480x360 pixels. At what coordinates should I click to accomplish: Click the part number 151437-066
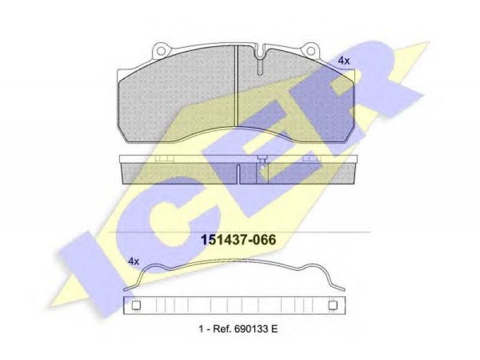click(x=238, y=239)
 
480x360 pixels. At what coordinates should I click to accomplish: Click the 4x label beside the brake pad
click(x=344, y=61)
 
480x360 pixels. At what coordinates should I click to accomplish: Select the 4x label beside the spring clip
click(x=133, y=262)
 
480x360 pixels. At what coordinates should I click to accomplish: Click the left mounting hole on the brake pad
click(x=161, y=51)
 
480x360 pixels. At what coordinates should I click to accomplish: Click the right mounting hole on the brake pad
click(x=311, y=51)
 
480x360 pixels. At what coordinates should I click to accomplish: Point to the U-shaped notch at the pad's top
click(x=260, y=52)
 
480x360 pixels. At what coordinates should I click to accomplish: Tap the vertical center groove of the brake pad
click(x=236, y=86)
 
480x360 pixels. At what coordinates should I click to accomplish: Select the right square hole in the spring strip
click(x=332, y=305)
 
